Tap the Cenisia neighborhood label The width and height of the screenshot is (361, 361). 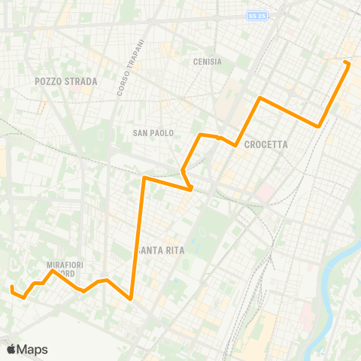click(207, 62)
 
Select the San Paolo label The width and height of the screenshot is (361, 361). click(153, 133)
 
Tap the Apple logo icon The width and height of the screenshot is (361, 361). click(11, 349)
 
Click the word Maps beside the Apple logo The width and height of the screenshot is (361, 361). click(32, 350)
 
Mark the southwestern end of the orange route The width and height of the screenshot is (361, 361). click(11, 287)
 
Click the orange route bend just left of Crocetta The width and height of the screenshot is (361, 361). click(236, 145)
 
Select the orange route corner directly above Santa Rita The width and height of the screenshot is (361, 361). click(144, 178)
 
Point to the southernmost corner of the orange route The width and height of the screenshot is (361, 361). click(132, 299)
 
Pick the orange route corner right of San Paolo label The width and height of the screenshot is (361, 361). click(199, 135)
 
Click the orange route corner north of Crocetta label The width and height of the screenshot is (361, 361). click(260, 98)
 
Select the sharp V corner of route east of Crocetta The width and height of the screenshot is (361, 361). click(320, 126)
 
